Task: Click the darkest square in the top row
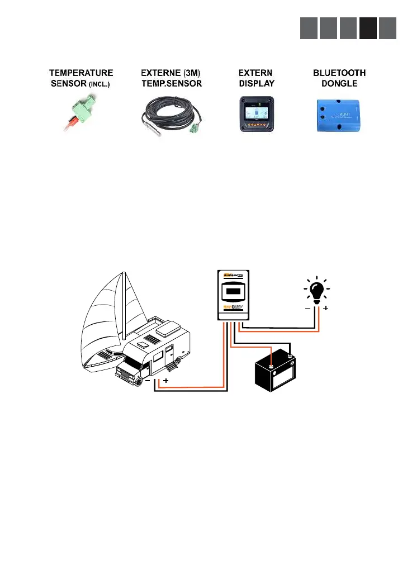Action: pyautogui.click(x=368, y=29)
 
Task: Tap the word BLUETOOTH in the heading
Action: pyautogui.click(x=339, y=73)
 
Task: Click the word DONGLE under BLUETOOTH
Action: pyautogui.click(x=339, y=83)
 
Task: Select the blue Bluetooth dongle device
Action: pyautogui.click(x=339, y=113)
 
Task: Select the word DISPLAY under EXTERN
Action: pyautogui.click(x=257, y=83)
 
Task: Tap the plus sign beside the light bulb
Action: pyautogui.click(x=326, y=308)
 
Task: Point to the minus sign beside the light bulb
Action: pyautogui.click(x=307, y=308)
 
